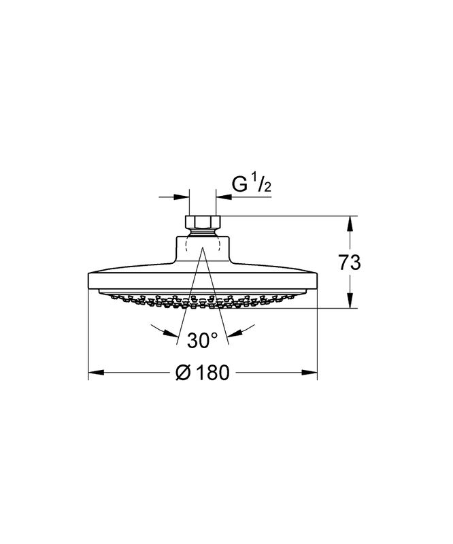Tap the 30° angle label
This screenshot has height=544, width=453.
click(203, 340)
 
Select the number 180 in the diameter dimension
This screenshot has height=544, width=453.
click(212, 372)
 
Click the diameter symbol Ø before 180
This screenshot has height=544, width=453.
click(183, 372)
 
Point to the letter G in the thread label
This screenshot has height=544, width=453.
click(239, 185)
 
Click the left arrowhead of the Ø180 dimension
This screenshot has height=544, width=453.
click(97, 372)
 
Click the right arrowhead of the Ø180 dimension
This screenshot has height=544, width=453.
click(309, 372)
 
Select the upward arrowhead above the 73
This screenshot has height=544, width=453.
click(350, 224)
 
